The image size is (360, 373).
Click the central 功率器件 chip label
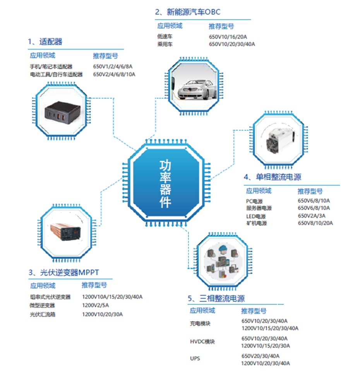[166, 184]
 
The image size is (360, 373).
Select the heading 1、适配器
[45, 42]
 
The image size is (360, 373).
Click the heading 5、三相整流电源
[216, 298]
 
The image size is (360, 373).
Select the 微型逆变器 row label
[42, 305]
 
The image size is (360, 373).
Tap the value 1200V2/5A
[96, 305]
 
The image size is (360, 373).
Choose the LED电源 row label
[256, 216]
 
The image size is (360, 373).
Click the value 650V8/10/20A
[315, 223]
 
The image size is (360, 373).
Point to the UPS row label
[195, 359]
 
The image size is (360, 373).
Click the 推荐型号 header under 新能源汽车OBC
[221, 26]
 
